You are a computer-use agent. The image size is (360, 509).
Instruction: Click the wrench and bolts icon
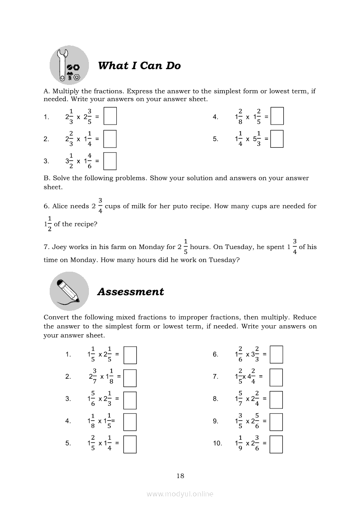point(69,65)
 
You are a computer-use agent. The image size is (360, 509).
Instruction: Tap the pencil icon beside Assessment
point(69,291)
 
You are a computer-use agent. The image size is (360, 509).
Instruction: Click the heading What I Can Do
point(139,66)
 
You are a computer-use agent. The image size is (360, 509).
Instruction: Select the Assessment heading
point(130,292)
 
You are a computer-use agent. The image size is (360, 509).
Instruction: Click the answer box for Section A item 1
point(110,117)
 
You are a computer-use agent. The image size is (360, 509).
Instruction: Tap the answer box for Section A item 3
point(110,161)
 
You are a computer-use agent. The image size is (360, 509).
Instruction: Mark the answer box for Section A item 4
point(277,116)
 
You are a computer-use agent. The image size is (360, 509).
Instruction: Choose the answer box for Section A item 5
point(277,138)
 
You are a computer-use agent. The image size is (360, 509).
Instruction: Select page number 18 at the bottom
point(180,475)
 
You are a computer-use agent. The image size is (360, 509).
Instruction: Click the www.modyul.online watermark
point(180,494)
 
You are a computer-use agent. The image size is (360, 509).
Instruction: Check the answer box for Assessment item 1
point(130,354)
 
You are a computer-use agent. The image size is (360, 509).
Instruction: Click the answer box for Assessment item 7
point(276,378)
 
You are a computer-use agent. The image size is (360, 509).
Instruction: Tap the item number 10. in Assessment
point(217,443)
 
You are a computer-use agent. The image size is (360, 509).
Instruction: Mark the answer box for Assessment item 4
point(130,421)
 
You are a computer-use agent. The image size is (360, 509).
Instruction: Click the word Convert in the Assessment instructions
point(57,317)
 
